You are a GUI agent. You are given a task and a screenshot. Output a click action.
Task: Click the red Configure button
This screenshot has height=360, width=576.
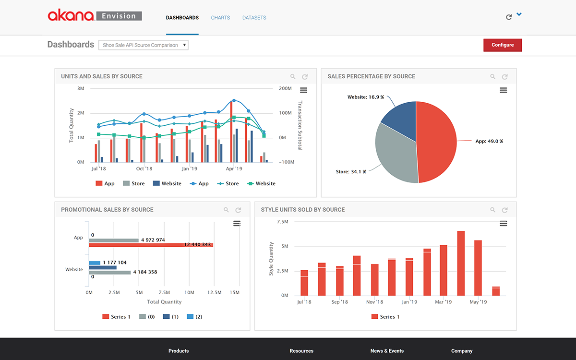click(502, 45)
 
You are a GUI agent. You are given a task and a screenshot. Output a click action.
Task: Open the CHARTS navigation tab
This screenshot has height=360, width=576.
click(220, 18)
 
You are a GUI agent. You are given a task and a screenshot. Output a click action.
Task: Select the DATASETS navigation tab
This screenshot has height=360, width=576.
click(254, 18)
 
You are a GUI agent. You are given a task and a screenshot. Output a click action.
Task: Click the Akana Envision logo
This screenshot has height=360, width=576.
click(95, 16)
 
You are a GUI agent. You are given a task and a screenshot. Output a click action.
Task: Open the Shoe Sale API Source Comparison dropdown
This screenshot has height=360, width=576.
click(144, 45)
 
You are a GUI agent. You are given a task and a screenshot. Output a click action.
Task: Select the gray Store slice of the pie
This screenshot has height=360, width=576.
click(394, 154)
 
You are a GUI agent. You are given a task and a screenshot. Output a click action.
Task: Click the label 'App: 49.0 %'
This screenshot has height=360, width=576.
click(489, 142)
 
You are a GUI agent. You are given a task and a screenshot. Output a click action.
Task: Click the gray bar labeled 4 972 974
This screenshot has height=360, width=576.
click(113, 240)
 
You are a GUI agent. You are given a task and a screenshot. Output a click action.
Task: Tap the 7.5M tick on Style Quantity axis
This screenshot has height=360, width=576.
click(282, 222)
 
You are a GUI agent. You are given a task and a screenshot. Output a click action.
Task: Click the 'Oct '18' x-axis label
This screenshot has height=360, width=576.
click(144, 169)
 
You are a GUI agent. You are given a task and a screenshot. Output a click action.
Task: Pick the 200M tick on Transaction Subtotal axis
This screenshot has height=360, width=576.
click(285, 89)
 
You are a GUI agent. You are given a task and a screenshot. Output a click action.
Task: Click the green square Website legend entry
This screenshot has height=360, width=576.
click(262, 183)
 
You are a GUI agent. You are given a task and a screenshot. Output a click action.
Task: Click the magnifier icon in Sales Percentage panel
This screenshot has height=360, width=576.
click(492, 77)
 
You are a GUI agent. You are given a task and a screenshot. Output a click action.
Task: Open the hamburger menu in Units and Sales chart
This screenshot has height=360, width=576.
click(303, 90)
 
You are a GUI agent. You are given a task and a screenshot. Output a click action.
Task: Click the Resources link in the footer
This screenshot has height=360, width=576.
click(301, 351)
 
